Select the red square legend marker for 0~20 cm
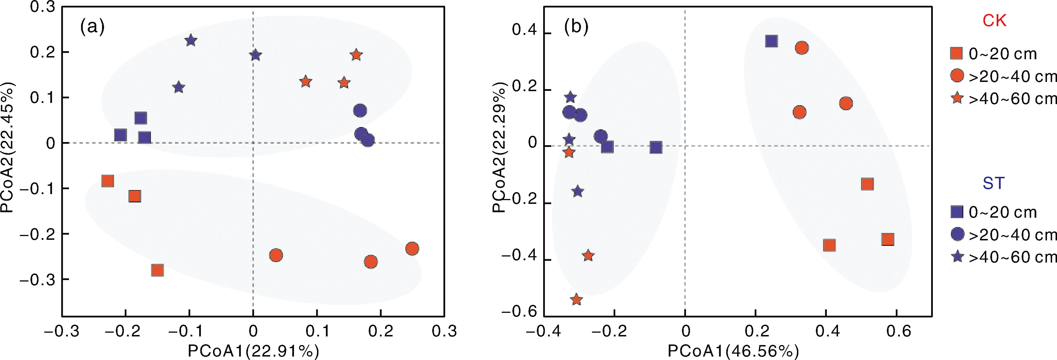pyautogui.click(x=956, y=53)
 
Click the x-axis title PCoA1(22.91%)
pyautogui.click(x=253, y=351)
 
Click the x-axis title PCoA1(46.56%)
pyautogui.click(x=733, y=351)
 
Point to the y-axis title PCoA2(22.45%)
pyautogui.click(x=8, y=148)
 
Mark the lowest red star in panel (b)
pyautogui.click(x=576, y=299)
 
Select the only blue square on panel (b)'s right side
pyautogui.click(x=771, y=41)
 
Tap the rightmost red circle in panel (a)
pyautogui.click(x=412, y=249)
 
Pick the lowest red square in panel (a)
pyautogui.click(x=157, y=270)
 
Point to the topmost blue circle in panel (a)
pyautogui.click(x=360, y=110)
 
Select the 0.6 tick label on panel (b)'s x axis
pyautogui.click(x=898, y=331)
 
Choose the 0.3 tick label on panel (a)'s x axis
pyautogui.click(x=444, y=331)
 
